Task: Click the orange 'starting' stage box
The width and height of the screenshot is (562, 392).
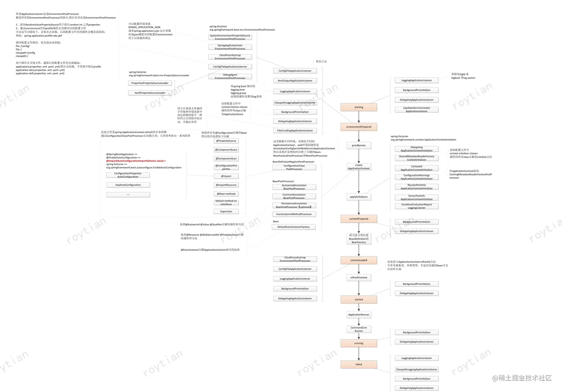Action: point(359,107)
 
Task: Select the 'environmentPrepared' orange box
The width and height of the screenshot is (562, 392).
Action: point(359,127)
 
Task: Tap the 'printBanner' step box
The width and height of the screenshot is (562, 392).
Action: point(359,145)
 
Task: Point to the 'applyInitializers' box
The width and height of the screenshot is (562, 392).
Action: point(359,197)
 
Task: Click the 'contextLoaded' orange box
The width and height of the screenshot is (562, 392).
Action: point(359,260)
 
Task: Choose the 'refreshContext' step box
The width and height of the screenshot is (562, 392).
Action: point(359,277)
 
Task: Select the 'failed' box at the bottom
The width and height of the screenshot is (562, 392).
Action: point(359,364)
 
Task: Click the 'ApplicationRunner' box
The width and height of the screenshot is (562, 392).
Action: point(359,315)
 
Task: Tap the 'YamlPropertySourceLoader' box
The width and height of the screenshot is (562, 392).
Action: point(150,93)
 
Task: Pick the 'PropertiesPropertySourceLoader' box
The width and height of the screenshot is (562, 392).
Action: point(150,83)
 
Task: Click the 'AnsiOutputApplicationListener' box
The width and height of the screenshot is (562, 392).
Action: point(295,81)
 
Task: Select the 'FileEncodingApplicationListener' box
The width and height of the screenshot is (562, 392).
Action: point(295,131)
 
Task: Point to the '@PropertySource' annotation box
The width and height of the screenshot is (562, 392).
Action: point(226,141)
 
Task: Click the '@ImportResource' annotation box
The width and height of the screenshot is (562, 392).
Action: point(226,185)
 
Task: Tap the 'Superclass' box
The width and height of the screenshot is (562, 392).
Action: point(226,211)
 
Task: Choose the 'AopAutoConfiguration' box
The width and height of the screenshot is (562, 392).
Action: point(128,185)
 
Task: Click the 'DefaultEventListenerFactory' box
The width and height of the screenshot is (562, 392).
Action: point(294,227)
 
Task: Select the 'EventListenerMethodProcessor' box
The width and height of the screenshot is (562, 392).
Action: point(294,214)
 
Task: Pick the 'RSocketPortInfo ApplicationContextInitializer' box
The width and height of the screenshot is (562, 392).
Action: point(417,187)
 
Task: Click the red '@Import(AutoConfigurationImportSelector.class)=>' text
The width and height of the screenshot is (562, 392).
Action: point(136,161)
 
